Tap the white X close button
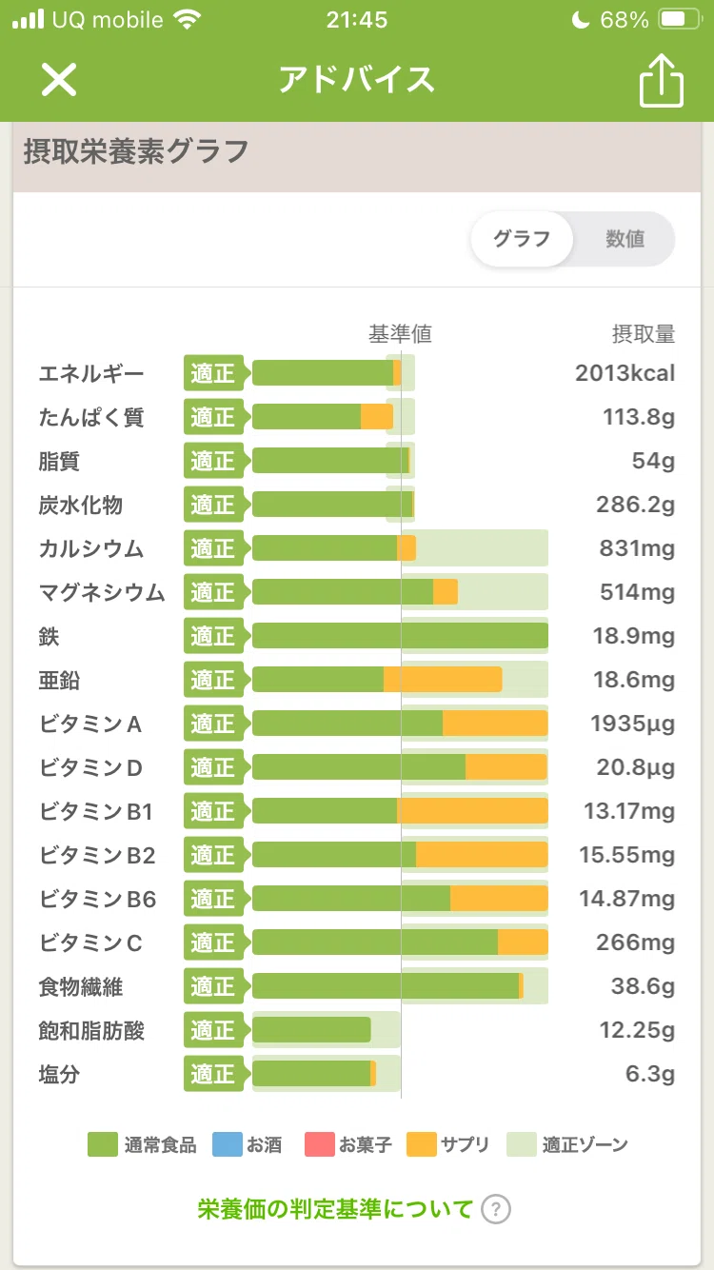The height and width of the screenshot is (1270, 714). pyautogui.click(x=58, y=79)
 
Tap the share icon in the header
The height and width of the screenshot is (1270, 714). pyautogui.click(x=662, y=80)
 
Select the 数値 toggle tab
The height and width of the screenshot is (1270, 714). pyautogui.click(x=625, y=239)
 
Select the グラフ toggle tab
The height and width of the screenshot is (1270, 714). pyautogui.click(x=522, y=239)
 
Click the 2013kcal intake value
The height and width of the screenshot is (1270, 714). pyautogui.click(x=625, y=373)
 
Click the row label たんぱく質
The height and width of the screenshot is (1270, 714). pyautogui.click(x=91, y=417)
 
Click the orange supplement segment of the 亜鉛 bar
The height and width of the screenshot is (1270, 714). pyautogui.click(x=443, y=679)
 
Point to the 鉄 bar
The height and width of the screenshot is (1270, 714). pyautogui.click(x=400, y=636)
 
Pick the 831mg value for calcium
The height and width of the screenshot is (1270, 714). pyautogui.click(x=637, y=548)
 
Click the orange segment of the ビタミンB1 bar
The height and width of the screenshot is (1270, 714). pyautogui.click(x=472, y=811)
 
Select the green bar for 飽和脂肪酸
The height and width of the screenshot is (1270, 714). pyautogui.click(x=311, y=1029)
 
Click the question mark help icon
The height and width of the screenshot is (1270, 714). pyautogui.click(x=496, y=1209)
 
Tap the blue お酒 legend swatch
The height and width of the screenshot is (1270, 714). pyautogui.click(x=228, y=1144)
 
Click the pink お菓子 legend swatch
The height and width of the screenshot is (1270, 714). pyautogui.click(x=319, y=1144)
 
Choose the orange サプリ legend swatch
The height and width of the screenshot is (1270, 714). pyautogui.click(x=422, y=1144)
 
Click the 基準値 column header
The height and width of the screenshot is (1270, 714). pyautogui.click(x=401, y=334)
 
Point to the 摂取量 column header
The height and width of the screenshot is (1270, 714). pyautogui.click(x=644, y=334)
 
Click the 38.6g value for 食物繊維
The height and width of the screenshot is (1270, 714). pyautogui.click(x=644, y=986)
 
